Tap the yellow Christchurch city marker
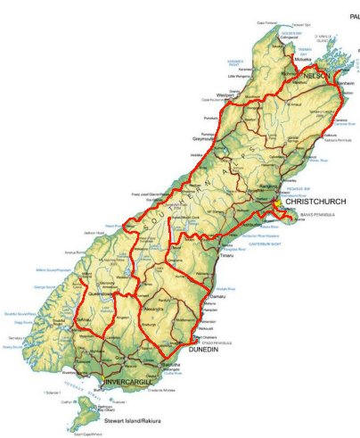tap(277, 202)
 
